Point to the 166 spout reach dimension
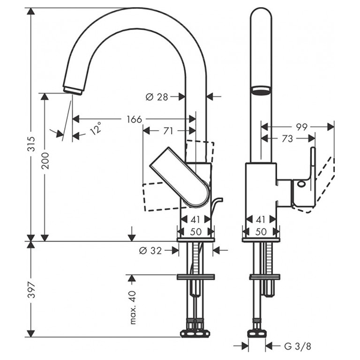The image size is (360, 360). [134, 119]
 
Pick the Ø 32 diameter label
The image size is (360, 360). [151, 251]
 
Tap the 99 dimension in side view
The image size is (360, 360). [301, 127]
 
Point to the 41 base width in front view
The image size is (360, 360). [195, 220]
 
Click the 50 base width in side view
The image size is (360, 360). [260, 231]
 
